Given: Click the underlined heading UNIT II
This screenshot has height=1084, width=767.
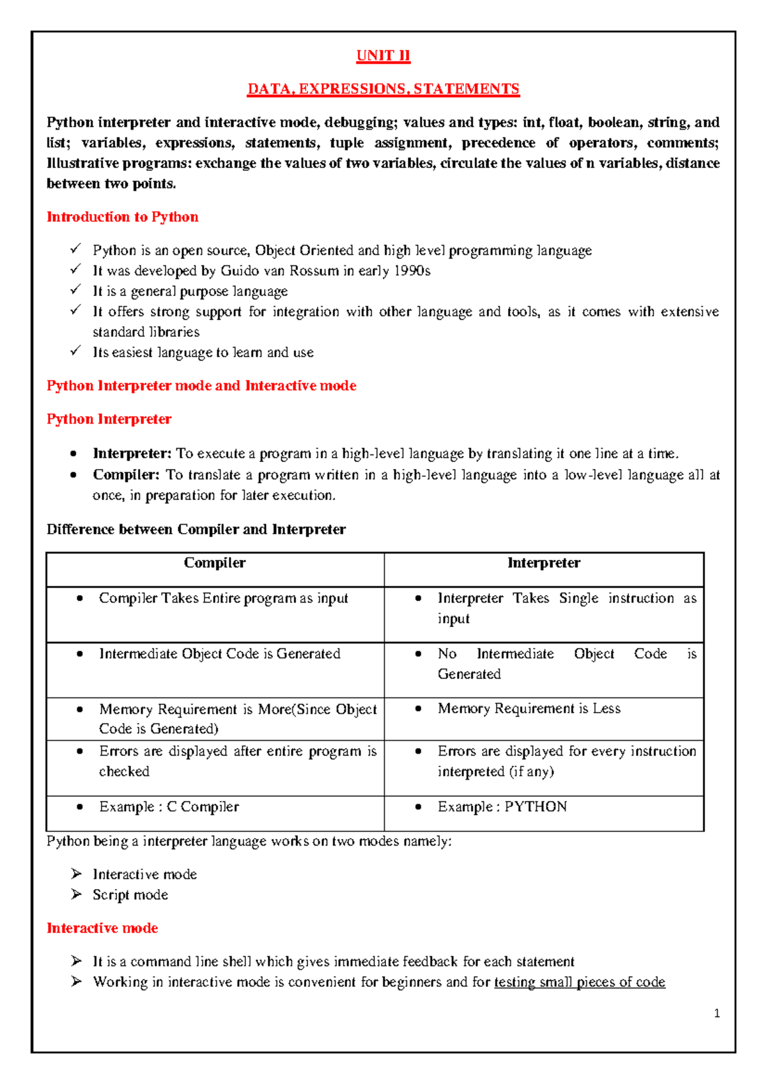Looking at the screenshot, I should click(x=383, y=56).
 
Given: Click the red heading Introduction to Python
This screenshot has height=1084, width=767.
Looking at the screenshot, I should click(x=122, y=217).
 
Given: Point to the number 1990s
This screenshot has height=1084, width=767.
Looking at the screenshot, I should click(x=412, y=271).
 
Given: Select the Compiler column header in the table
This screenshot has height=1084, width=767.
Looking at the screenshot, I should click(x=215, y=563).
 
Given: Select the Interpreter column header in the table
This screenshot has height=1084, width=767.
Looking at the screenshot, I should click(x=543, y=563).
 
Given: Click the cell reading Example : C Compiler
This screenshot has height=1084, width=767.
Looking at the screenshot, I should click(x=169, y=807).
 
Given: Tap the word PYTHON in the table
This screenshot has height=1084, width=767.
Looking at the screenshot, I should click(x=536, y=807).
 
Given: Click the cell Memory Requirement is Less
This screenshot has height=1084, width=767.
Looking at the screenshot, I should click(x=529, y=709).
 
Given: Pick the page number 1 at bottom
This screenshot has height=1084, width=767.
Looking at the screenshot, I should click(x=717, y=1013).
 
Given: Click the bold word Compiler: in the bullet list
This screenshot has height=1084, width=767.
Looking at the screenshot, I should click(x=126, y=475).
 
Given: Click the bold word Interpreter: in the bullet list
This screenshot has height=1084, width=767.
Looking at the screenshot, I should click(x=132, y=454).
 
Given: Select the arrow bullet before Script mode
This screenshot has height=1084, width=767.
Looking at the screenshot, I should click(x=77, y=894).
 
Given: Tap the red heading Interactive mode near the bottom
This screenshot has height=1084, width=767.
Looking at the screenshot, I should click(x=102, y=928).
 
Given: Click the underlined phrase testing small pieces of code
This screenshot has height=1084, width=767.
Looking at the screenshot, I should click(x=580, y=982).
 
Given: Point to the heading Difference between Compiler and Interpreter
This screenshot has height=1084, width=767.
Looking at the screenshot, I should click(x=196, y=529).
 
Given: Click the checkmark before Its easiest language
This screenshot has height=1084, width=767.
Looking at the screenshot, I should click(x=76, y=351).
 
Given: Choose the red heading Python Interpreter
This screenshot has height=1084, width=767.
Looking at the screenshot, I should click(x=109, y=419).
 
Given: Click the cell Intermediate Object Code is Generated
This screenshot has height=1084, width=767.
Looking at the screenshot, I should click(x=219, y=654).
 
